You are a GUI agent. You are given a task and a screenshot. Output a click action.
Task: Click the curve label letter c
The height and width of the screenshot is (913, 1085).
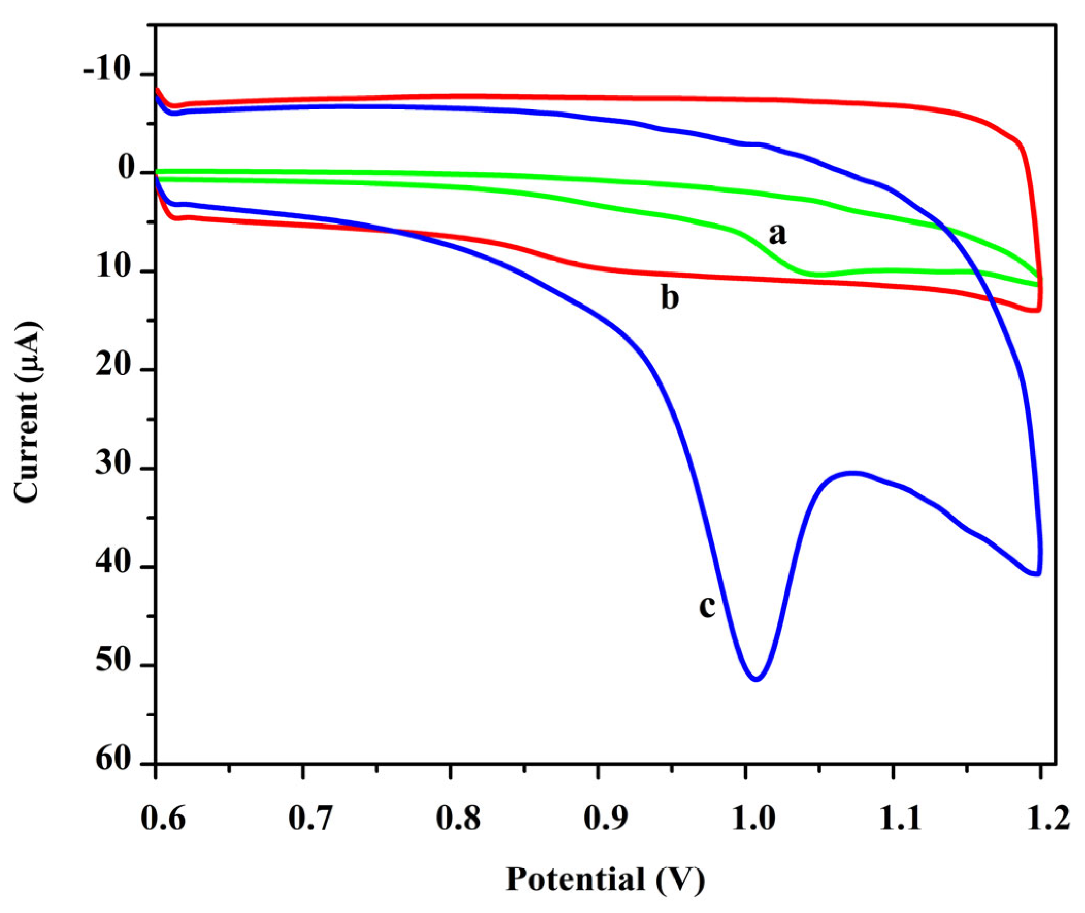[707, 606]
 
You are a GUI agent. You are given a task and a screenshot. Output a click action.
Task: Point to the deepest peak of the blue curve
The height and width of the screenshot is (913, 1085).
[756, 679]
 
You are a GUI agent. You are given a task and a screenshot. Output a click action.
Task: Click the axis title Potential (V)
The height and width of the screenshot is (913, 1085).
[605, 879]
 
